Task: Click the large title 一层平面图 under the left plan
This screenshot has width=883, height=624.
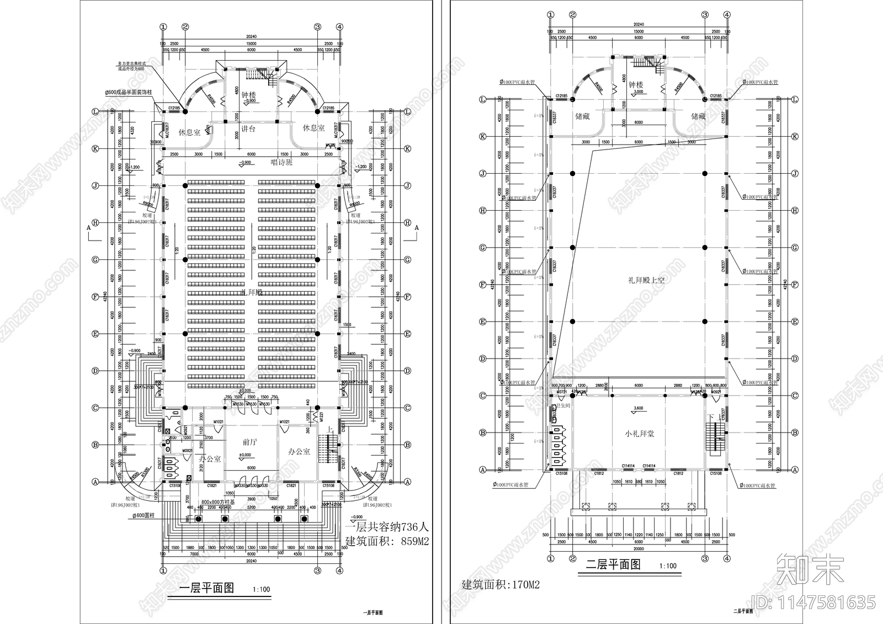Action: [x=208, y=588]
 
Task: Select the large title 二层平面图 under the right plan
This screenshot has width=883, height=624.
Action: [x=613, y=564]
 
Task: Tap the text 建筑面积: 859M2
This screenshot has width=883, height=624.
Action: [x=387, y=541]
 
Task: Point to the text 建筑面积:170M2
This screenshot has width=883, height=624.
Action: [x=500, y=584]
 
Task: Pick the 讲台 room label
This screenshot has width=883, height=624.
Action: [x=248, y=129]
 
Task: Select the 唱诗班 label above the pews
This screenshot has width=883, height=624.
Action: [x=281, y=163]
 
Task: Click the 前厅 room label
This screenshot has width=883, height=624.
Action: [x=250, y=442]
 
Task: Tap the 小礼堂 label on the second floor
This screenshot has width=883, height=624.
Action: [x=639, y=434]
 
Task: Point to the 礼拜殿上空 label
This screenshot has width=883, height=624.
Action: [x=646, y=280]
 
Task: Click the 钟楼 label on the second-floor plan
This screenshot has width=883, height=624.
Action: [x=635, y=85]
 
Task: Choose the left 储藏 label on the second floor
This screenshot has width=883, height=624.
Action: [x=582, y=116]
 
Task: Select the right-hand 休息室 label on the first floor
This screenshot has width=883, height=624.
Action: [x=313, y=128]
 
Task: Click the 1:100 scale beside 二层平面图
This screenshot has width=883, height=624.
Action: [x=668, y=566]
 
